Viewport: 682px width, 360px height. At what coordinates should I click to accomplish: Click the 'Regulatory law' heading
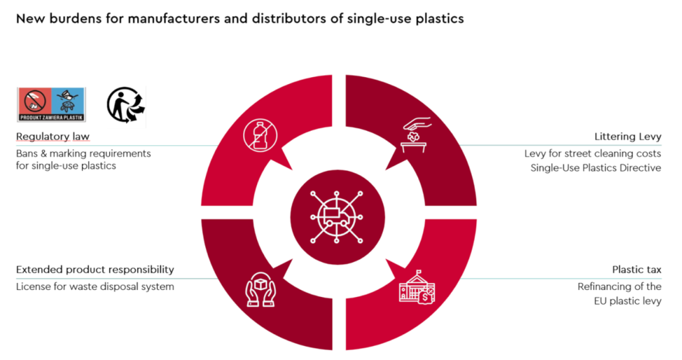[x=52, y=137]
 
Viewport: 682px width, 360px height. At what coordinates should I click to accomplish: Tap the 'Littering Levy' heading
[x=628, y=137]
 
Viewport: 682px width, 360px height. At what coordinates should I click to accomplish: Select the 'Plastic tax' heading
[x=637, y=270]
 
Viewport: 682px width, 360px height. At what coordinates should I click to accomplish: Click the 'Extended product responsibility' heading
[x=95, y=270]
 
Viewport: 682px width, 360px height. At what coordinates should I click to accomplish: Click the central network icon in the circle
[x=337, y=215]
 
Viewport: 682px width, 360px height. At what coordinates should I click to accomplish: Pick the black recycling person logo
[x=126, y=104]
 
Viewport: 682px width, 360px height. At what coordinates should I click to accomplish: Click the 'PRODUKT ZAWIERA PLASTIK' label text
[x=51, y=117]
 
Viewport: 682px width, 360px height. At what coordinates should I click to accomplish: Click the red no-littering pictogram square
[x=34, y=100]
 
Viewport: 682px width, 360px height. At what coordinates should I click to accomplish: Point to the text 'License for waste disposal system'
[x=95, y=287]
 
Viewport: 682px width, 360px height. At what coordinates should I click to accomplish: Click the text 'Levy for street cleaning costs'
[x=592, y=153]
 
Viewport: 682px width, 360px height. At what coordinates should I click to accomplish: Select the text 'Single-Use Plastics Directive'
[x=595, y=167]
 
